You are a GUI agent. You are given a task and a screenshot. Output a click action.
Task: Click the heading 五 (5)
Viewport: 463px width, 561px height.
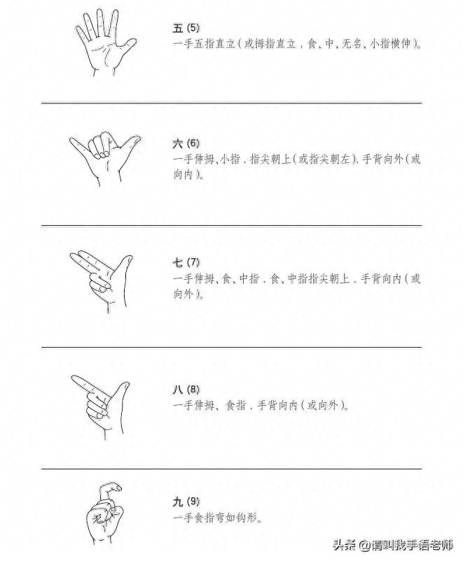pos(186,28)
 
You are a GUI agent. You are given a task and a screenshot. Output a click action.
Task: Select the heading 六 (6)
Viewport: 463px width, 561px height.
pos(186,143)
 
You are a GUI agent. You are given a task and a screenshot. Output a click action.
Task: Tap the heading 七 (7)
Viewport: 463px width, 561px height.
pos(186,262)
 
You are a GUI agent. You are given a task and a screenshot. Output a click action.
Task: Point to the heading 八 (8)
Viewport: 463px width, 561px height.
pos(186,389)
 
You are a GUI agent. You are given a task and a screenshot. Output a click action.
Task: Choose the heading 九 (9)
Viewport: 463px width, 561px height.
pos(186,502)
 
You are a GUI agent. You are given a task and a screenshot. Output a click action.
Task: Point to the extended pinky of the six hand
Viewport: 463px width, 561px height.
pos(76,144)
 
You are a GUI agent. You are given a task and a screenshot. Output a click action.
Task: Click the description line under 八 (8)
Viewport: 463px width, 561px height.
pos(260,405)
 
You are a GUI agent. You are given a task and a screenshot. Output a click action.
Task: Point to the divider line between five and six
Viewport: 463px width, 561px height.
pos(231,103)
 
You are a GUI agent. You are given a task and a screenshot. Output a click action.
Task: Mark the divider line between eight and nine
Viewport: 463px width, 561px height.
pos(231,469)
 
